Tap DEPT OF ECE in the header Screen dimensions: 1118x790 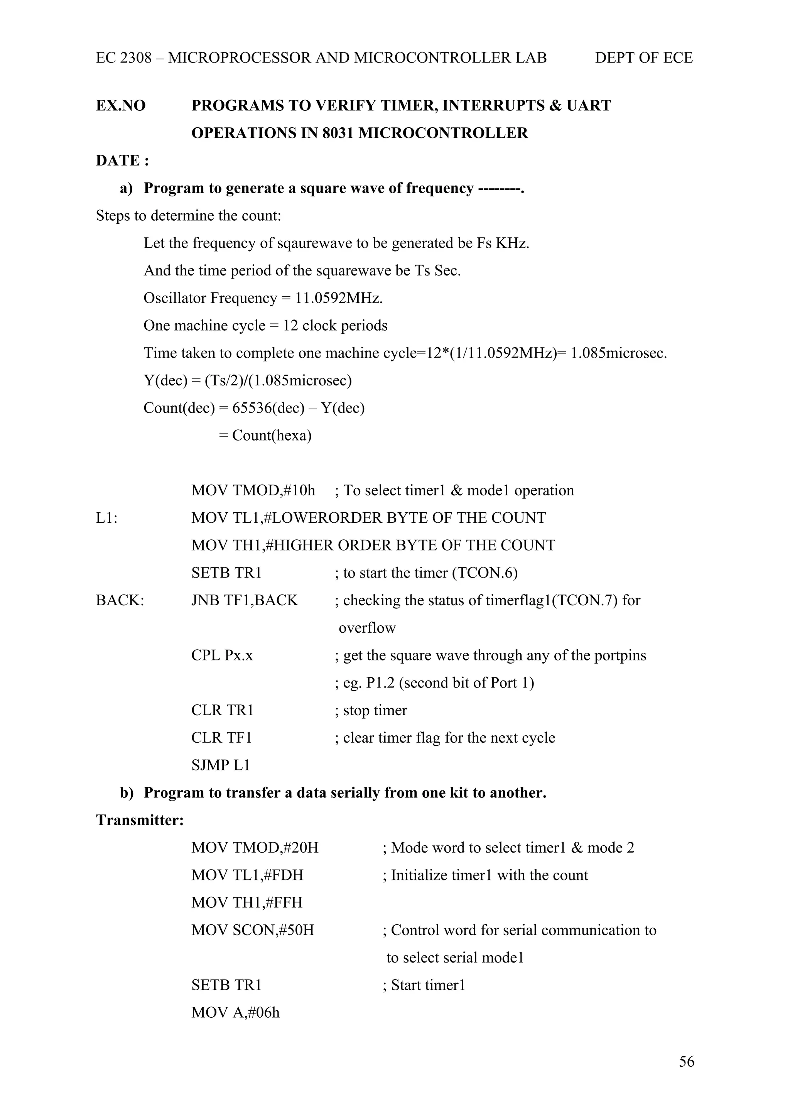643,58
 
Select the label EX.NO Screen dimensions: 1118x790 121,106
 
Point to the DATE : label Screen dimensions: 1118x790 122,161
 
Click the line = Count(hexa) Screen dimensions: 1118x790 265,435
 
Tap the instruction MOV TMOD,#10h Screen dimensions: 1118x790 253,490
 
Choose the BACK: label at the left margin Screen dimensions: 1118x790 120,600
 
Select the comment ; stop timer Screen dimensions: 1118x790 371,711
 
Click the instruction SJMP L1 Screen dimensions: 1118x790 221,765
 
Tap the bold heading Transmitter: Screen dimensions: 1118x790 140,821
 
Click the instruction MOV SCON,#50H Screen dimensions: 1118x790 253,931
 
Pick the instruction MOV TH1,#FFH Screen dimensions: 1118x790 247,903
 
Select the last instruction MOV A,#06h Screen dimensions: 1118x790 236,1013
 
